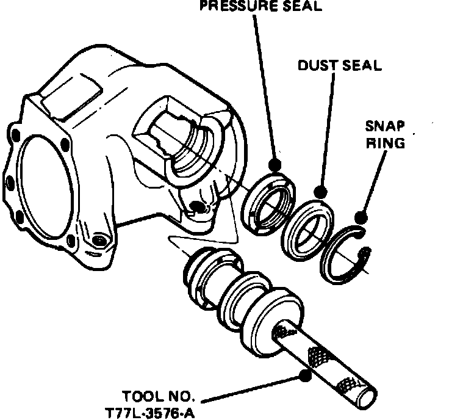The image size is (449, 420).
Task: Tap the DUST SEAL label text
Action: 340,65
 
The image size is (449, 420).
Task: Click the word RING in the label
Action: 385,143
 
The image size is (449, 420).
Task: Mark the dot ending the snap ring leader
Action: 361,217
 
